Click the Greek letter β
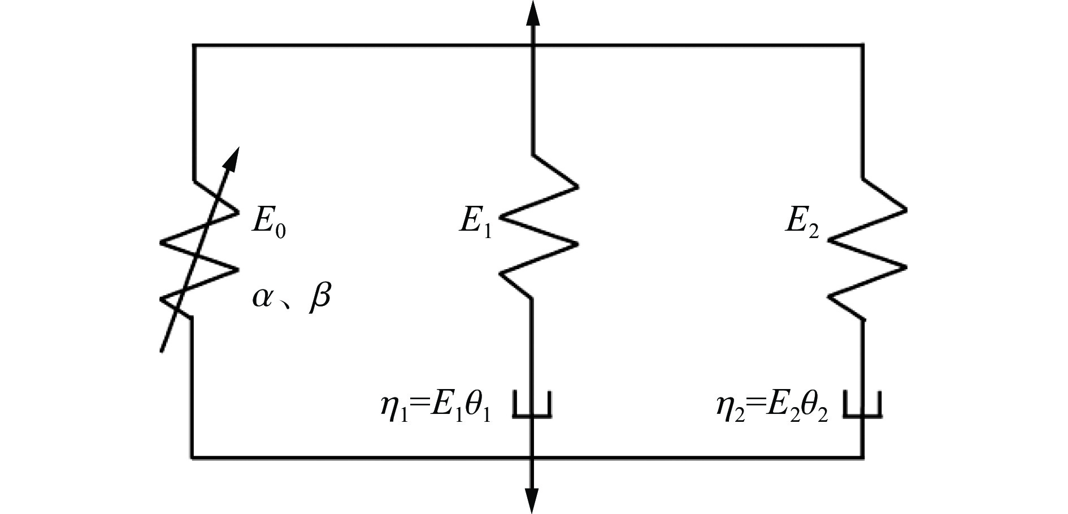point(319,296)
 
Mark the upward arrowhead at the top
point(532,12)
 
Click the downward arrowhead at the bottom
point(532,500)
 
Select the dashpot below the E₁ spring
point(532,404)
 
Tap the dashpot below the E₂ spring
point(862,404)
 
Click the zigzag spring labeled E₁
point(537,226)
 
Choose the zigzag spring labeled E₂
point(867,249)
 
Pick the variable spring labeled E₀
point(198,249)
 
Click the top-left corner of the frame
point(194,45)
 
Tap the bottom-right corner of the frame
point(862,456)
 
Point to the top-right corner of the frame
point(862,45)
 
